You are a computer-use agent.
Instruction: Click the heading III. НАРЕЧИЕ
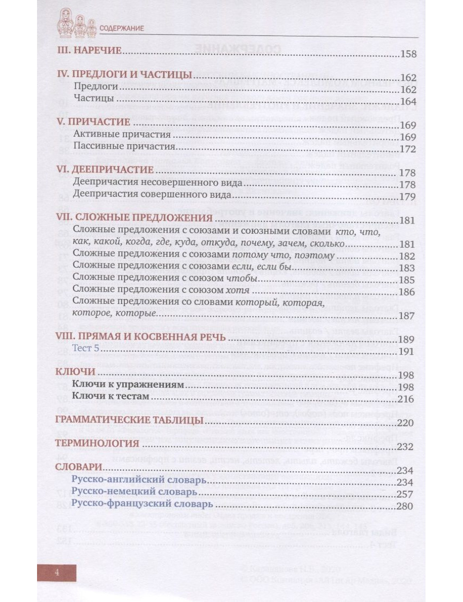[88, 50]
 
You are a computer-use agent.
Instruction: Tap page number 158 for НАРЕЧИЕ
[408, 54]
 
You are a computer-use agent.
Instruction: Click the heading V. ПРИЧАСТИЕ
[93, 122]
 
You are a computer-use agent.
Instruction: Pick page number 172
[408, 149]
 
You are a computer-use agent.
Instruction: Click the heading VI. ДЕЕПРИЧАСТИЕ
[104, 170]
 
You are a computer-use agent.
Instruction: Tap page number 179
[408, 196]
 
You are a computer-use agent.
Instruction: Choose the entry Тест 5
[86, 348]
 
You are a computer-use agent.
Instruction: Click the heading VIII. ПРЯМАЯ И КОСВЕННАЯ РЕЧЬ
[141, 337]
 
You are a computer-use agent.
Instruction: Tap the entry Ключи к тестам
[111, 396]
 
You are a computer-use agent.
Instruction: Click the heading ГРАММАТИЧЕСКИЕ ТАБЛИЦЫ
[129, 420]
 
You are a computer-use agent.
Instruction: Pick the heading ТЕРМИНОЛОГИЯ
[97, 443]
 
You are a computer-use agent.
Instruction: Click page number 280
[405, 506]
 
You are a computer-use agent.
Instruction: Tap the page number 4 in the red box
[56, 572]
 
